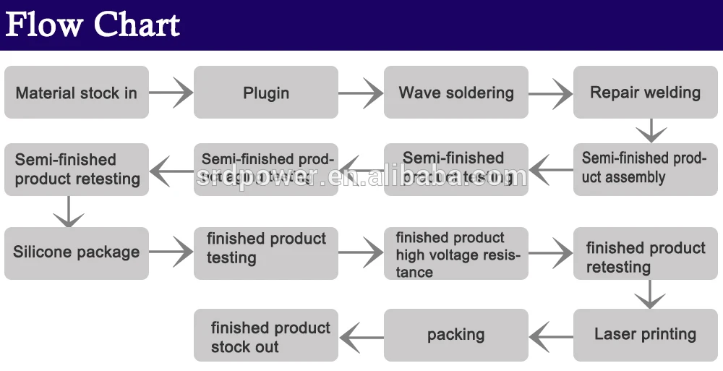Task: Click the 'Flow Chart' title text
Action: (93, 25)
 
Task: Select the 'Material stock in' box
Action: (77, 93)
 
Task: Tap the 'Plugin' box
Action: (266, 93)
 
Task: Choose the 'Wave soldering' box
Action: (456, 93)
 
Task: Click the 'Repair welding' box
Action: (645, 93)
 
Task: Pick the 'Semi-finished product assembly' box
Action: (645, 169)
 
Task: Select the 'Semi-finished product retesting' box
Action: (77, 169)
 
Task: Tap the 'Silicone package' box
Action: (77, 253)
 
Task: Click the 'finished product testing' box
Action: (266, 253)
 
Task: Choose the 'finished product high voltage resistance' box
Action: (456, 254)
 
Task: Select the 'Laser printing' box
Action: (645, 335)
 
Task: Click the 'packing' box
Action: (456, 335)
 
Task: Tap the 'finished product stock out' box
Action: (266, 336)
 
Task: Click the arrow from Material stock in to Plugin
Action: (171, 93)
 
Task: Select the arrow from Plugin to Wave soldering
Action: (361, 93)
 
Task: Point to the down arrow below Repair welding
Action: (652, 131)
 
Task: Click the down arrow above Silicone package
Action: (69, 212)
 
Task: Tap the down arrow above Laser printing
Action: (650, 295)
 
